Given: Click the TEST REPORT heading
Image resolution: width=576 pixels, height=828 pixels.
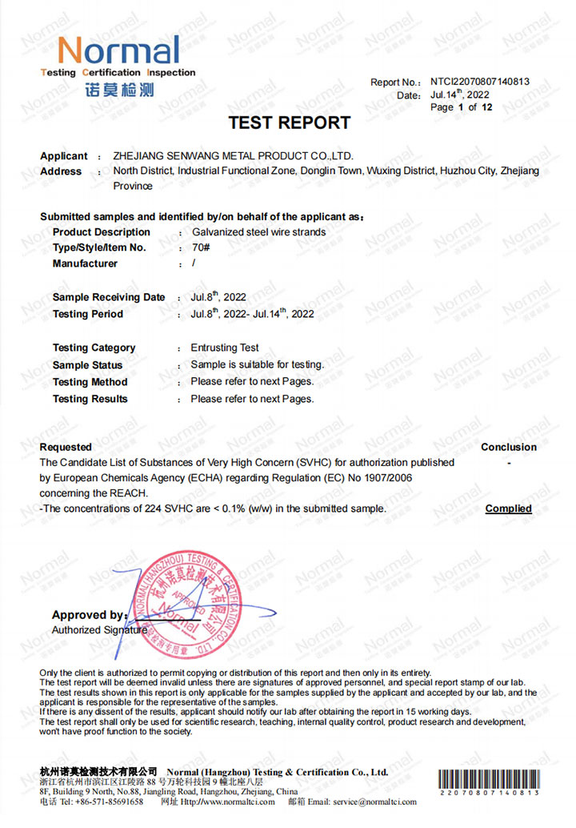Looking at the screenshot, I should click(289, 123).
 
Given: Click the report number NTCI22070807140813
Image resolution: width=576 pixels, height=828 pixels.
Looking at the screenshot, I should click(479, 82).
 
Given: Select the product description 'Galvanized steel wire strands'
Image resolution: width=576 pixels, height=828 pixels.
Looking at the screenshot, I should click(258, 232).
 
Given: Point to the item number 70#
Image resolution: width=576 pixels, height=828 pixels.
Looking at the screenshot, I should click(200, 248).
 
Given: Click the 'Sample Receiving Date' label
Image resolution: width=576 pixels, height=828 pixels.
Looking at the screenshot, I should click(109, 298).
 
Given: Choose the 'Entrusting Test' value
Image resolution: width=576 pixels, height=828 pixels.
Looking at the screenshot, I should click(225, 348).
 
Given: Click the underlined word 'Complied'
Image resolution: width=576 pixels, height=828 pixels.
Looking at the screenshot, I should click(508, 508).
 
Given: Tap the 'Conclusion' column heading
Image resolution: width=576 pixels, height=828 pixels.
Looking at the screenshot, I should click(508, 447).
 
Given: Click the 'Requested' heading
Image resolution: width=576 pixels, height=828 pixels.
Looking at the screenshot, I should click(66, 447).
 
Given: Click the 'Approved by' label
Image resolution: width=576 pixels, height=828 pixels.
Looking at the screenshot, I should click(89, 615).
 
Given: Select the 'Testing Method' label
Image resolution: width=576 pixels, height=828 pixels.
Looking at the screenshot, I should click(90, 382).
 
